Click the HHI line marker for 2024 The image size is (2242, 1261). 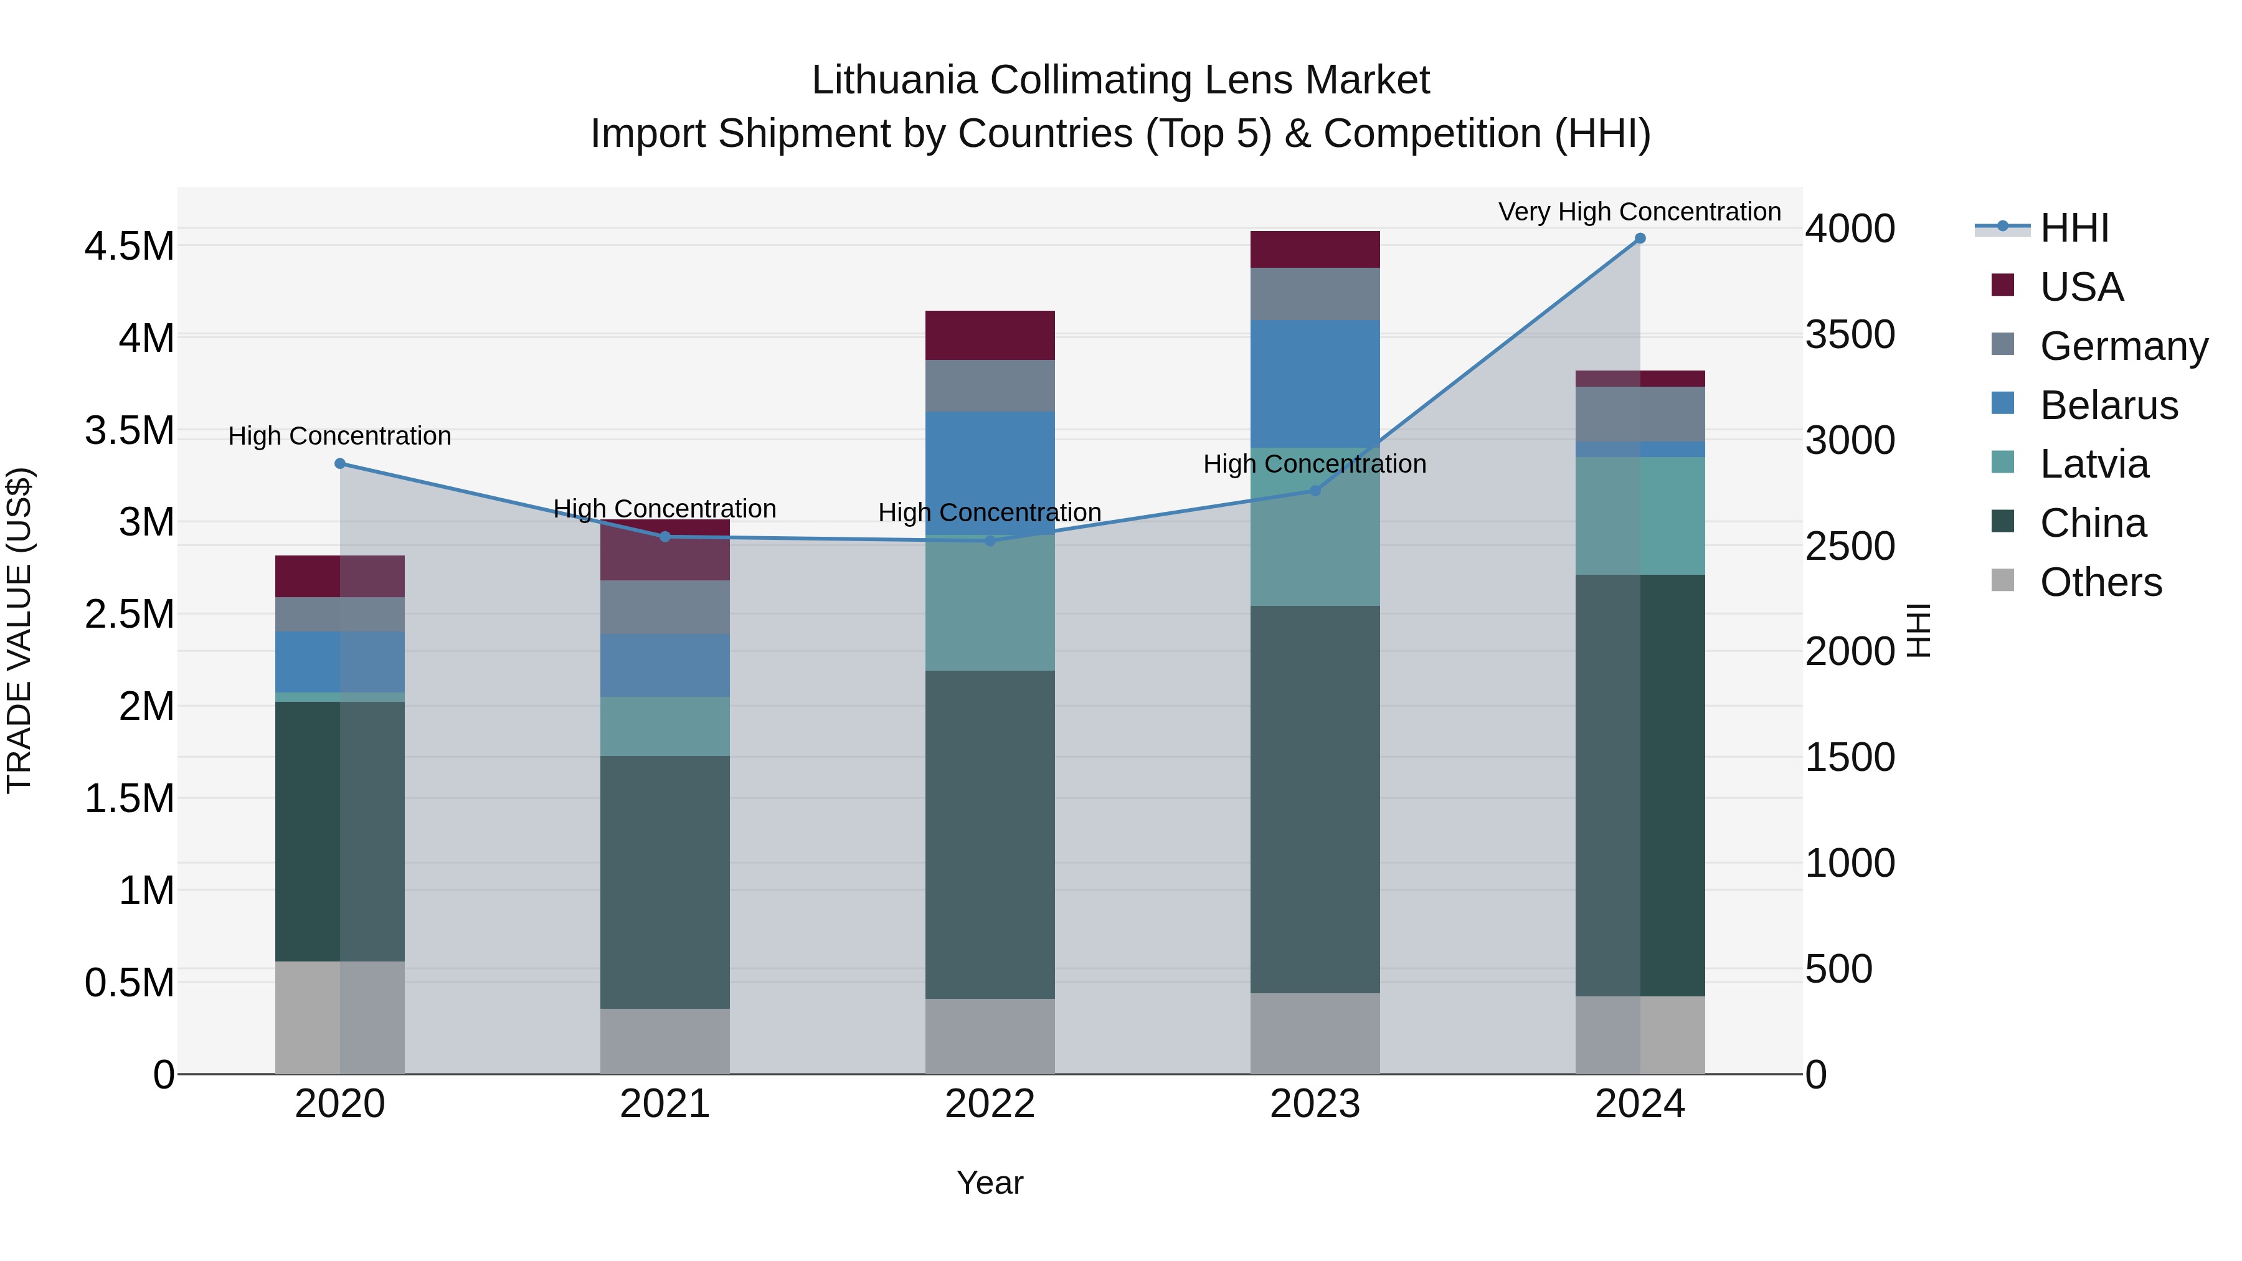(x=1640, y=239)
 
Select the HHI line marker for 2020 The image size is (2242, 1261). (x=340, y=464)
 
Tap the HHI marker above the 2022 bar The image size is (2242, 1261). (x=990, y=541)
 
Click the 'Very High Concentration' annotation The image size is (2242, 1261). (x=1639, y=212)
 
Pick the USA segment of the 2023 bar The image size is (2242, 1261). (x=1315, y=250)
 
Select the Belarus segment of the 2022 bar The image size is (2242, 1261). (x=990, y=473)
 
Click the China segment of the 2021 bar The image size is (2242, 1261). (x=665, y=882)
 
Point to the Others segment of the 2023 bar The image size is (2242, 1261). (x=1315, y=1033)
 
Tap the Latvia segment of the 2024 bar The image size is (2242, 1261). (x=1640, y=516)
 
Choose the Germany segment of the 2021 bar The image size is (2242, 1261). (x=665, y=607)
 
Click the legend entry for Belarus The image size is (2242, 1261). (x=2108, y=405)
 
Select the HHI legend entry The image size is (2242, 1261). (x=2073, y=228)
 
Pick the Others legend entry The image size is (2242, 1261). (x=2100, y=582)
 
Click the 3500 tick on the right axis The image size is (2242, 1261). (x=1850, y=335)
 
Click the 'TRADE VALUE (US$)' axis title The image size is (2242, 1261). (x=20, y=630)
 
